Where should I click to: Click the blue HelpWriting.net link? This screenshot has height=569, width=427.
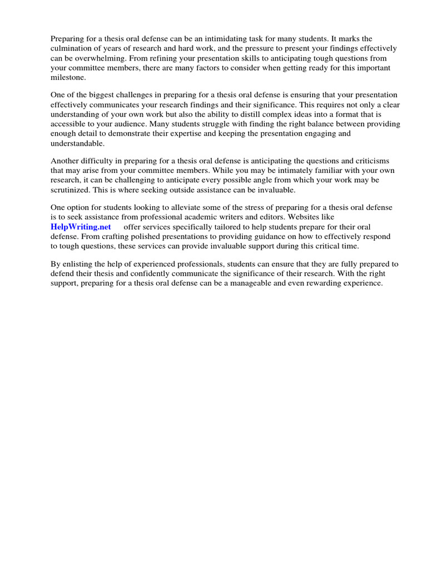coord(81,227)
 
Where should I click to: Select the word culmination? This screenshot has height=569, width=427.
coord(73,49)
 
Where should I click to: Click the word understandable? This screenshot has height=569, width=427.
coord(78,143)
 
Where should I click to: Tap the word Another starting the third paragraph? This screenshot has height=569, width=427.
coord(66,161)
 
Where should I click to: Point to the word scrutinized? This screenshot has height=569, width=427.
coord(73,189)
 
